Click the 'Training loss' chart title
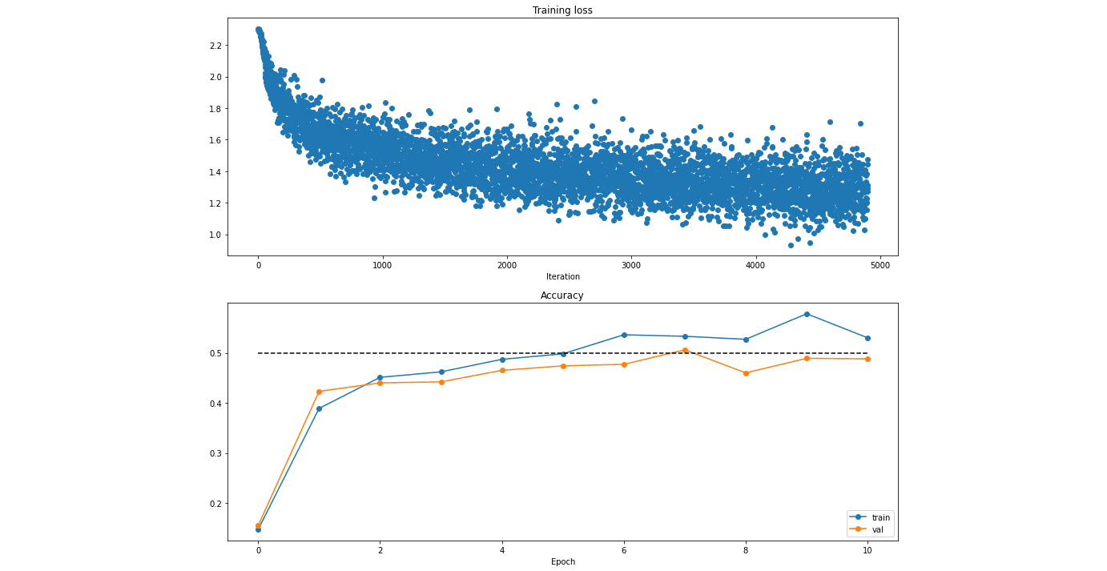pos(562,10)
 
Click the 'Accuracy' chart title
pos(562,296)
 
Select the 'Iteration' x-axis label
pos(563,276)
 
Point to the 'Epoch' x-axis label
pos(563,561)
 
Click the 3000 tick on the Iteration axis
pos(631,265)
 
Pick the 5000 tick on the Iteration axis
pos(880,265)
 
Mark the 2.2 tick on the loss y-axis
pos(216,46)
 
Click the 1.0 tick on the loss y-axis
pos(216,235)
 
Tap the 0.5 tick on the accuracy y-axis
pos(216,354)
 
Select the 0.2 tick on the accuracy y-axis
pos(216,504)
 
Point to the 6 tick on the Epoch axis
pos(624,550)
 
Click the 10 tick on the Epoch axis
pos(867,550)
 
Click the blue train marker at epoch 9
pos(807,314)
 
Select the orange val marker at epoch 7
pos(685,350)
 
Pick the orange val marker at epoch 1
pos(320,392)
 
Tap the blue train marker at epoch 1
pos(320,409)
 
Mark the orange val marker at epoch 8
pos(747,373)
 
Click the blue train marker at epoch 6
pos(624,335)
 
